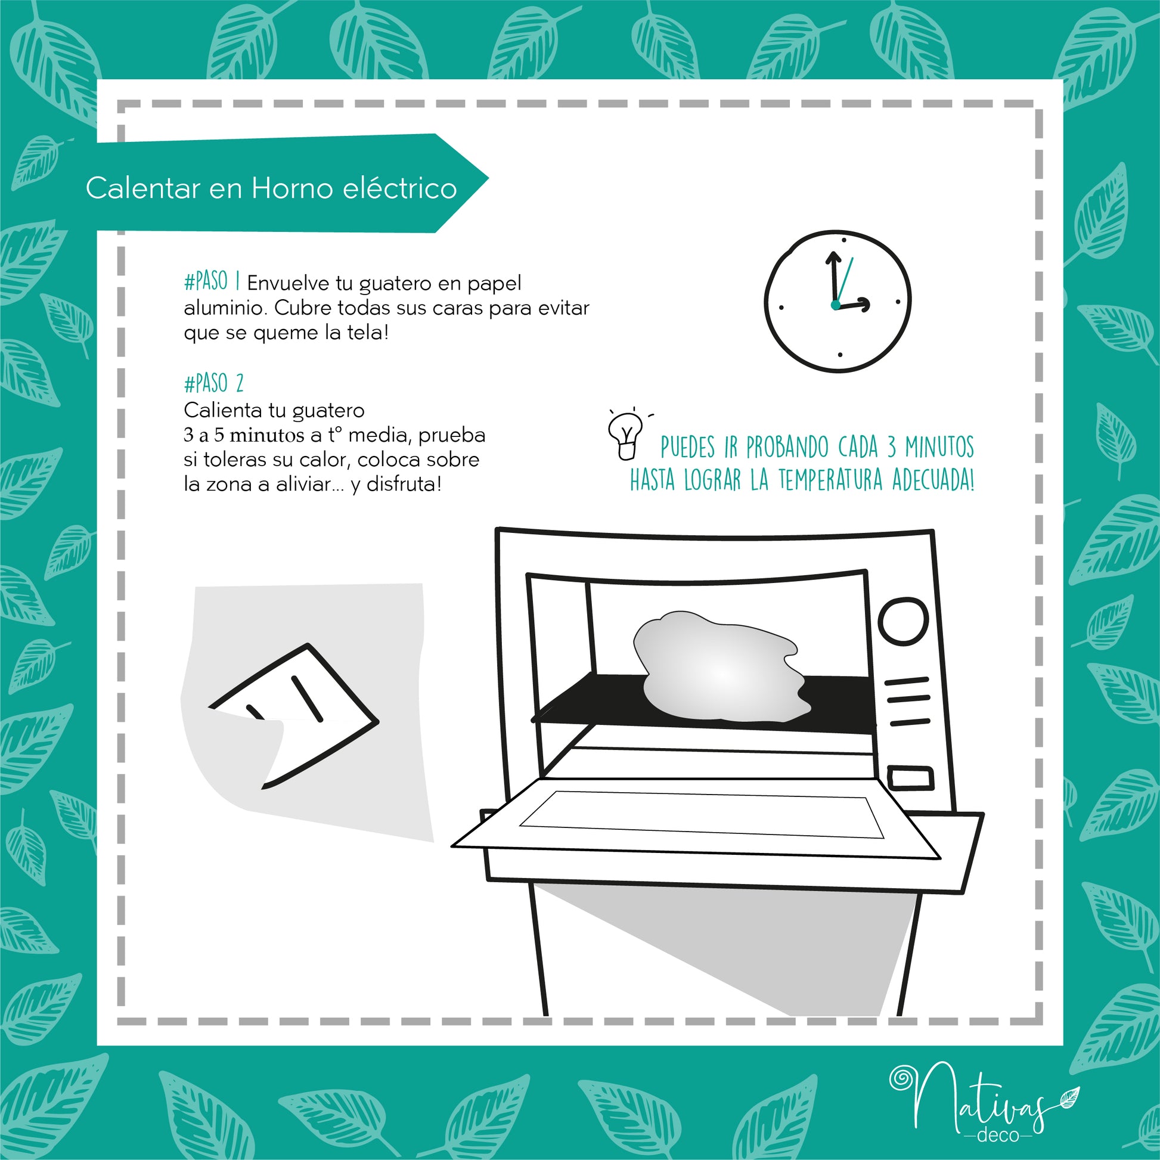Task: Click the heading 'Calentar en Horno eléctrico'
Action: click(271, 188)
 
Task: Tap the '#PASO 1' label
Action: click(212, 281)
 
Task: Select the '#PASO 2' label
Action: click(214, 383)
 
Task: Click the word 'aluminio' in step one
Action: click(226, 308)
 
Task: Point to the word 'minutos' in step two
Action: click(267, 435)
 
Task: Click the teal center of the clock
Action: click(836, 305)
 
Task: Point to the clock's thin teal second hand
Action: click(843, 281)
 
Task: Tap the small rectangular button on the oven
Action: click(910, 778)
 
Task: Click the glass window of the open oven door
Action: click(701, 814)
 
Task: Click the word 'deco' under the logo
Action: click(998, 1136)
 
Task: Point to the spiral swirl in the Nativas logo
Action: click(900, 1078)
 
